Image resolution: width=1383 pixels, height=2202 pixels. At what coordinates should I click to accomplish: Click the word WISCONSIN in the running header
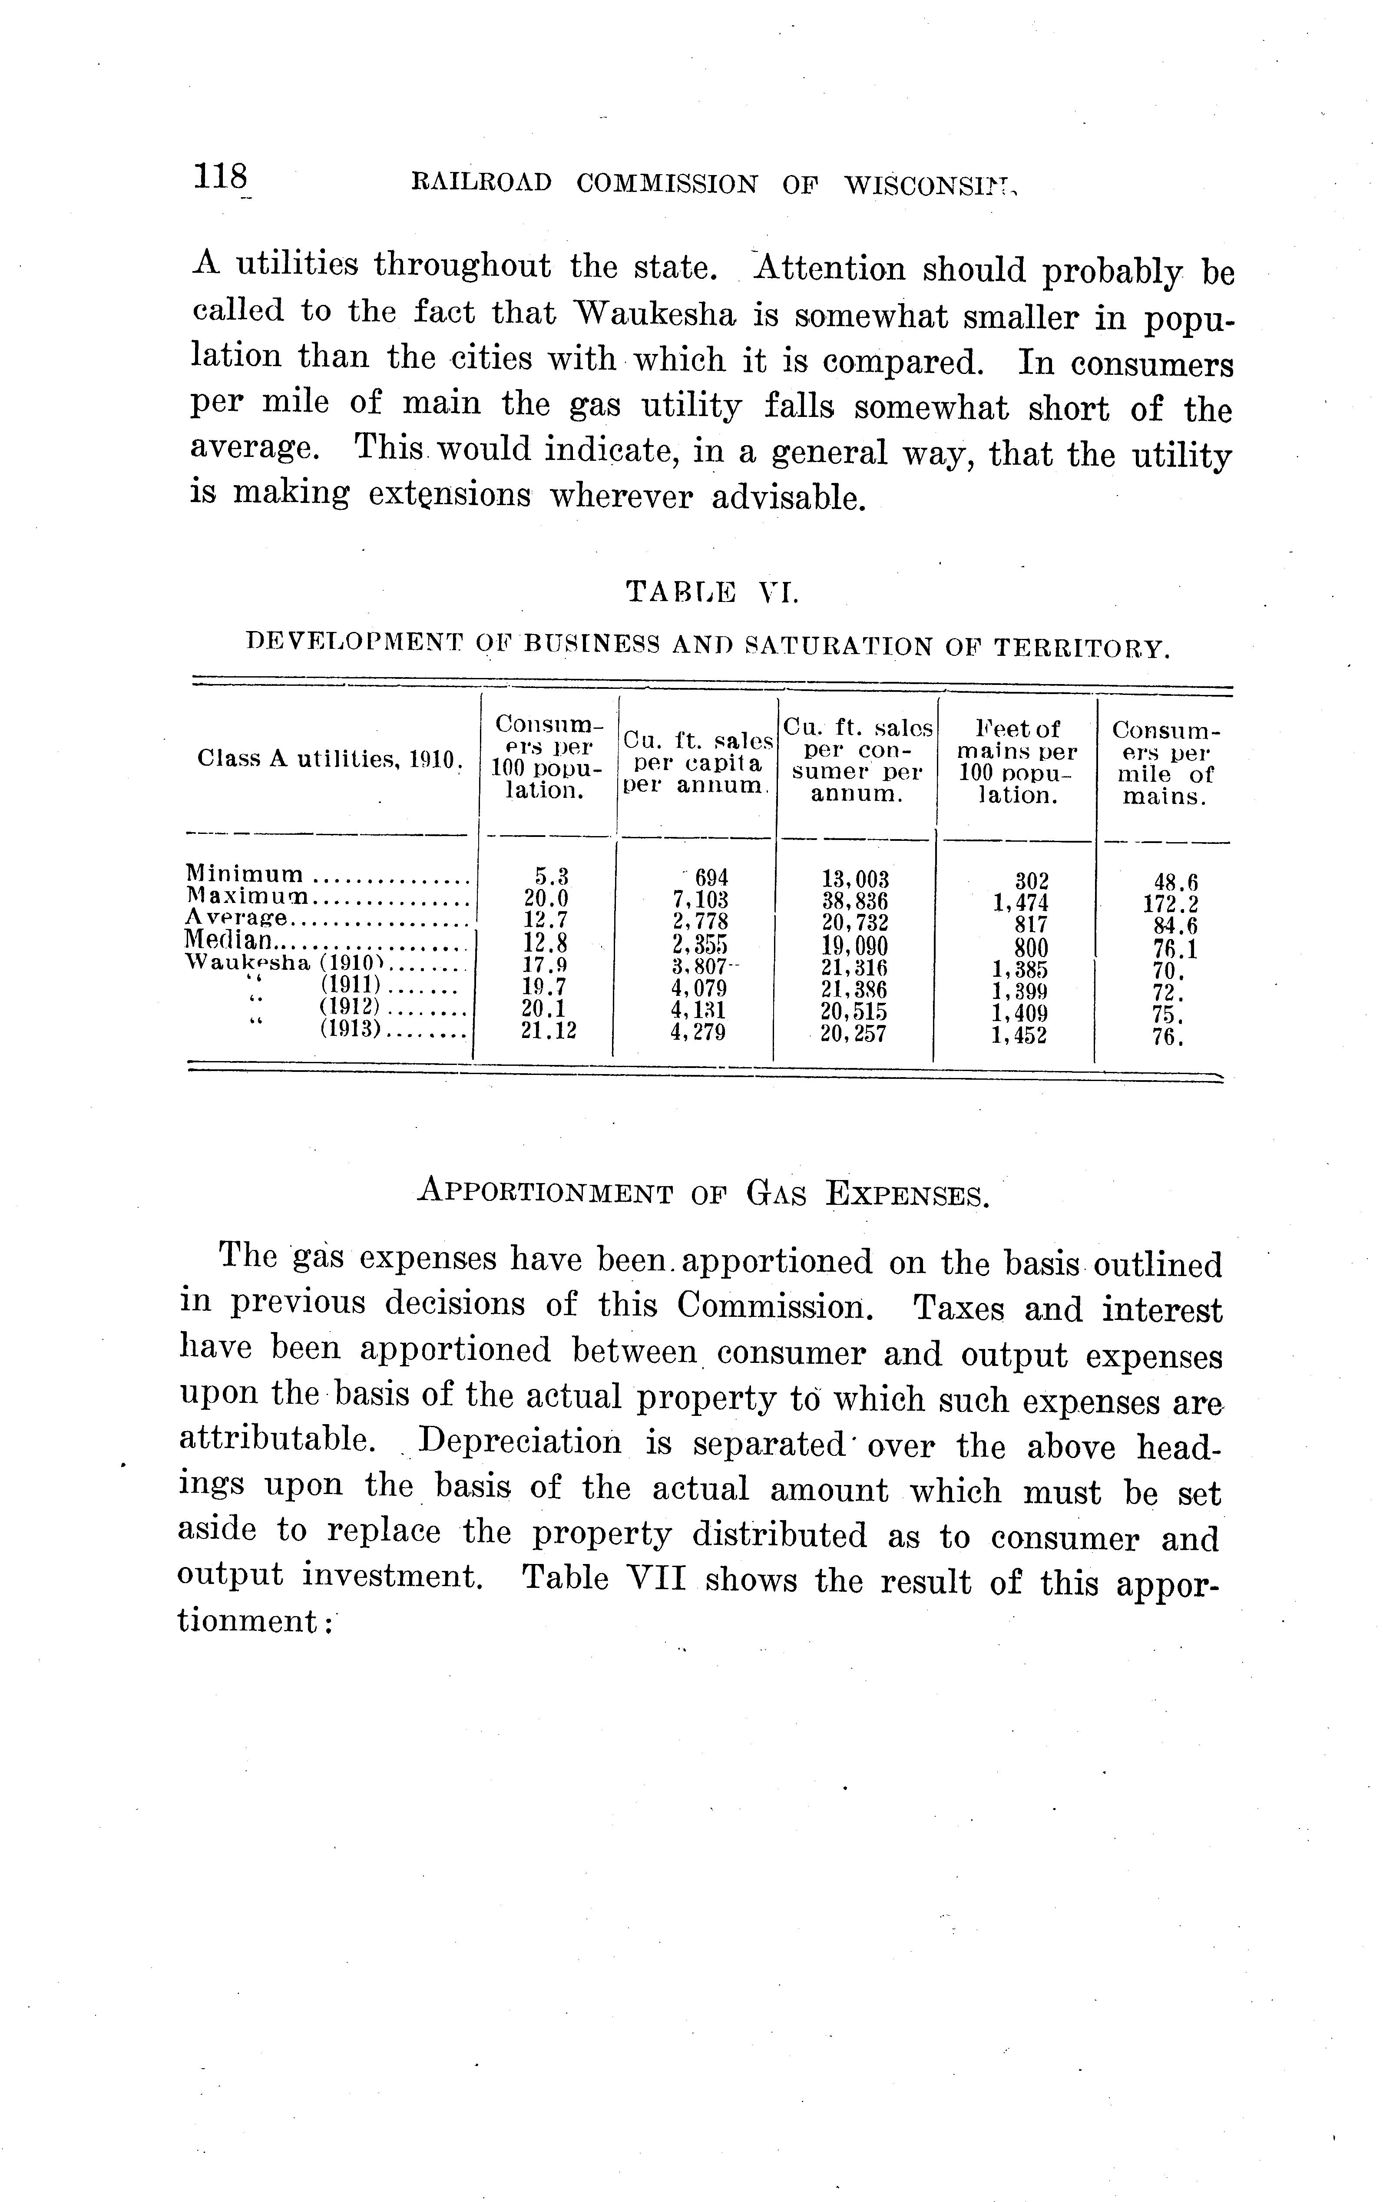click(928, 184)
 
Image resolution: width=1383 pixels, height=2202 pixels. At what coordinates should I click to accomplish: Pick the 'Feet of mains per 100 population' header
click(1017, 762)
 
